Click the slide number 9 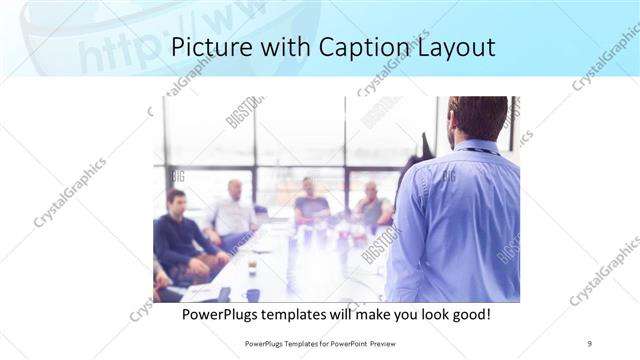click(590, 343)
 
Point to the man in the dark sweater click(179, 235)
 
